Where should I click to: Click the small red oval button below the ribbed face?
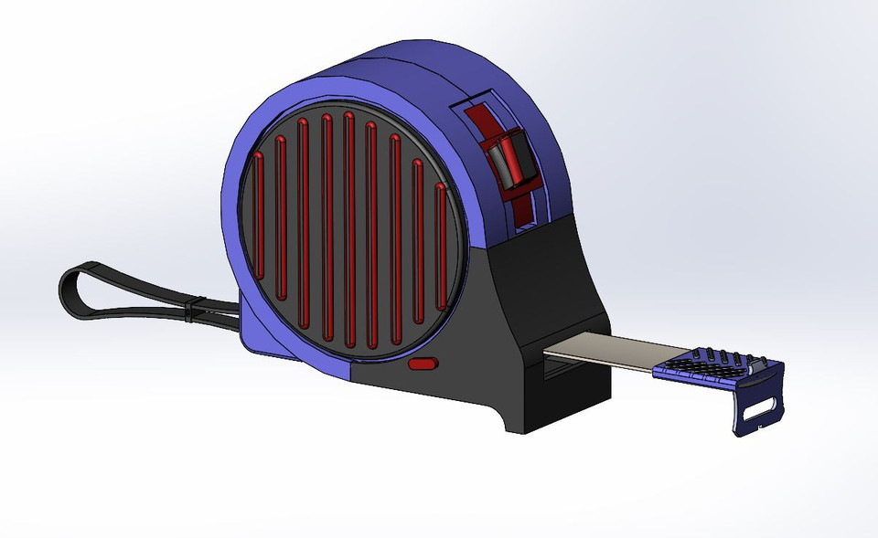pyautogui.click(x=423, y=364)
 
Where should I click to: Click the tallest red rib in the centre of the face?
pyautogui.click(x=348, y=228)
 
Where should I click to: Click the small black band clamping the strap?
pyautogui.click(x=191, y=310)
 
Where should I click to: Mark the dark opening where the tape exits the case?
pyautogui.click(x=554, y=371)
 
